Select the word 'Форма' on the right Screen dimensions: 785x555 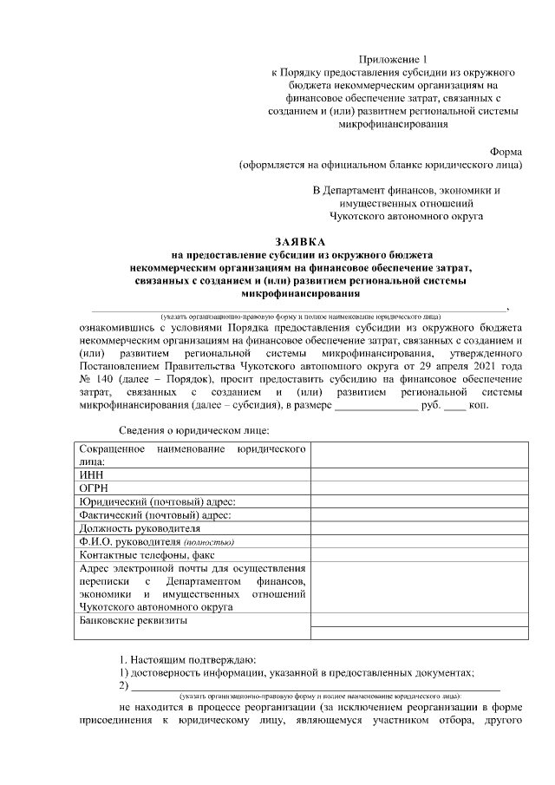506,150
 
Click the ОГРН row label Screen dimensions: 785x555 95,488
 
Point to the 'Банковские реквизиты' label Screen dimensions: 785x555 133,621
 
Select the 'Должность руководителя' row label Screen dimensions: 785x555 140,527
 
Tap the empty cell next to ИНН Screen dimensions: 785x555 419,475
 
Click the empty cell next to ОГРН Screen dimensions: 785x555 419,488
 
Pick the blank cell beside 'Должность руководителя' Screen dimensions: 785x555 419,527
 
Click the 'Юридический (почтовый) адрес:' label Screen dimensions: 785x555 157,501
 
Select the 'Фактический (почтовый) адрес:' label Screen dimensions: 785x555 155,514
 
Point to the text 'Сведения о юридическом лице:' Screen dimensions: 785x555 194,431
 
